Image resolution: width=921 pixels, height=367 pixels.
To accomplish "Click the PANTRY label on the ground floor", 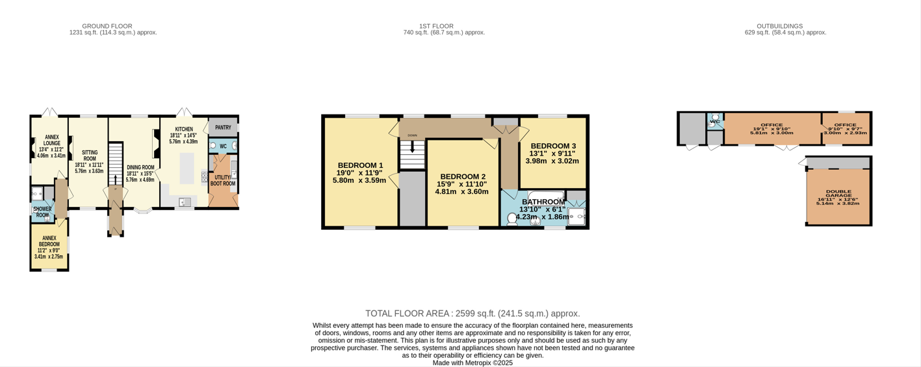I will tap(223, 128).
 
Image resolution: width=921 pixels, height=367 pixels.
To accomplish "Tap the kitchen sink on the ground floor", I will tap(185, 202).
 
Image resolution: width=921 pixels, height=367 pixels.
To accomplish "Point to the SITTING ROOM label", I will tap(89, 156).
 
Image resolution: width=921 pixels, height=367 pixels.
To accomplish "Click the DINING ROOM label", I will tap(140, 167).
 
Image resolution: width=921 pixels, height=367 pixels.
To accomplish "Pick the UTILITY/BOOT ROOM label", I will tap(223, 180).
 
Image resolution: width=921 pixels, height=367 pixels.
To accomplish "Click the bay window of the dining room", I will tap(143, 210).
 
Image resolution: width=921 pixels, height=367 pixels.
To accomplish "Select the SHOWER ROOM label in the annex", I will tap(42, 212).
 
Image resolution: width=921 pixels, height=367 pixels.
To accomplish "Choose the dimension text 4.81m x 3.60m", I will tap(461, 192).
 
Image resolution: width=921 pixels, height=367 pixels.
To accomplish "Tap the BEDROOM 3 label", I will tap(552, 146).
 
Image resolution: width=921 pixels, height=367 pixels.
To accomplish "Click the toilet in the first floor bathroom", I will tap(512, 219).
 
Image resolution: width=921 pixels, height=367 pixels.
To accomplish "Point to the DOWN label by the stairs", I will tap(412, 135).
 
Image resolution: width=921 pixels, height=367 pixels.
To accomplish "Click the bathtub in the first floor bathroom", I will tap(546, 195).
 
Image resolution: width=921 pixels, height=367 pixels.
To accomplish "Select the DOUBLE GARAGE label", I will tap(838, 193).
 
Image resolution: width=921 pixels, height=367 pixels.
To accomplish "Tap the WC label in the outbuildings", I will tap(715, 122).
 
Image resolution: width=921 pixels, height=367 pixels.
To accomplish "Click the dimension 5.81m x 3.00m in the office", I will tap(772, 133).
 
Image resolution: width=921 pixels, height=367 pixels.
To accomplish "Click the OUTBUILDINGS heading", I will tap(785, 26).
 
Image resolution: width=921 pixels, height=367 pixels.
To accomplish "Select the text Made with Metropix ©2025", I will tap(473, 363).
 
